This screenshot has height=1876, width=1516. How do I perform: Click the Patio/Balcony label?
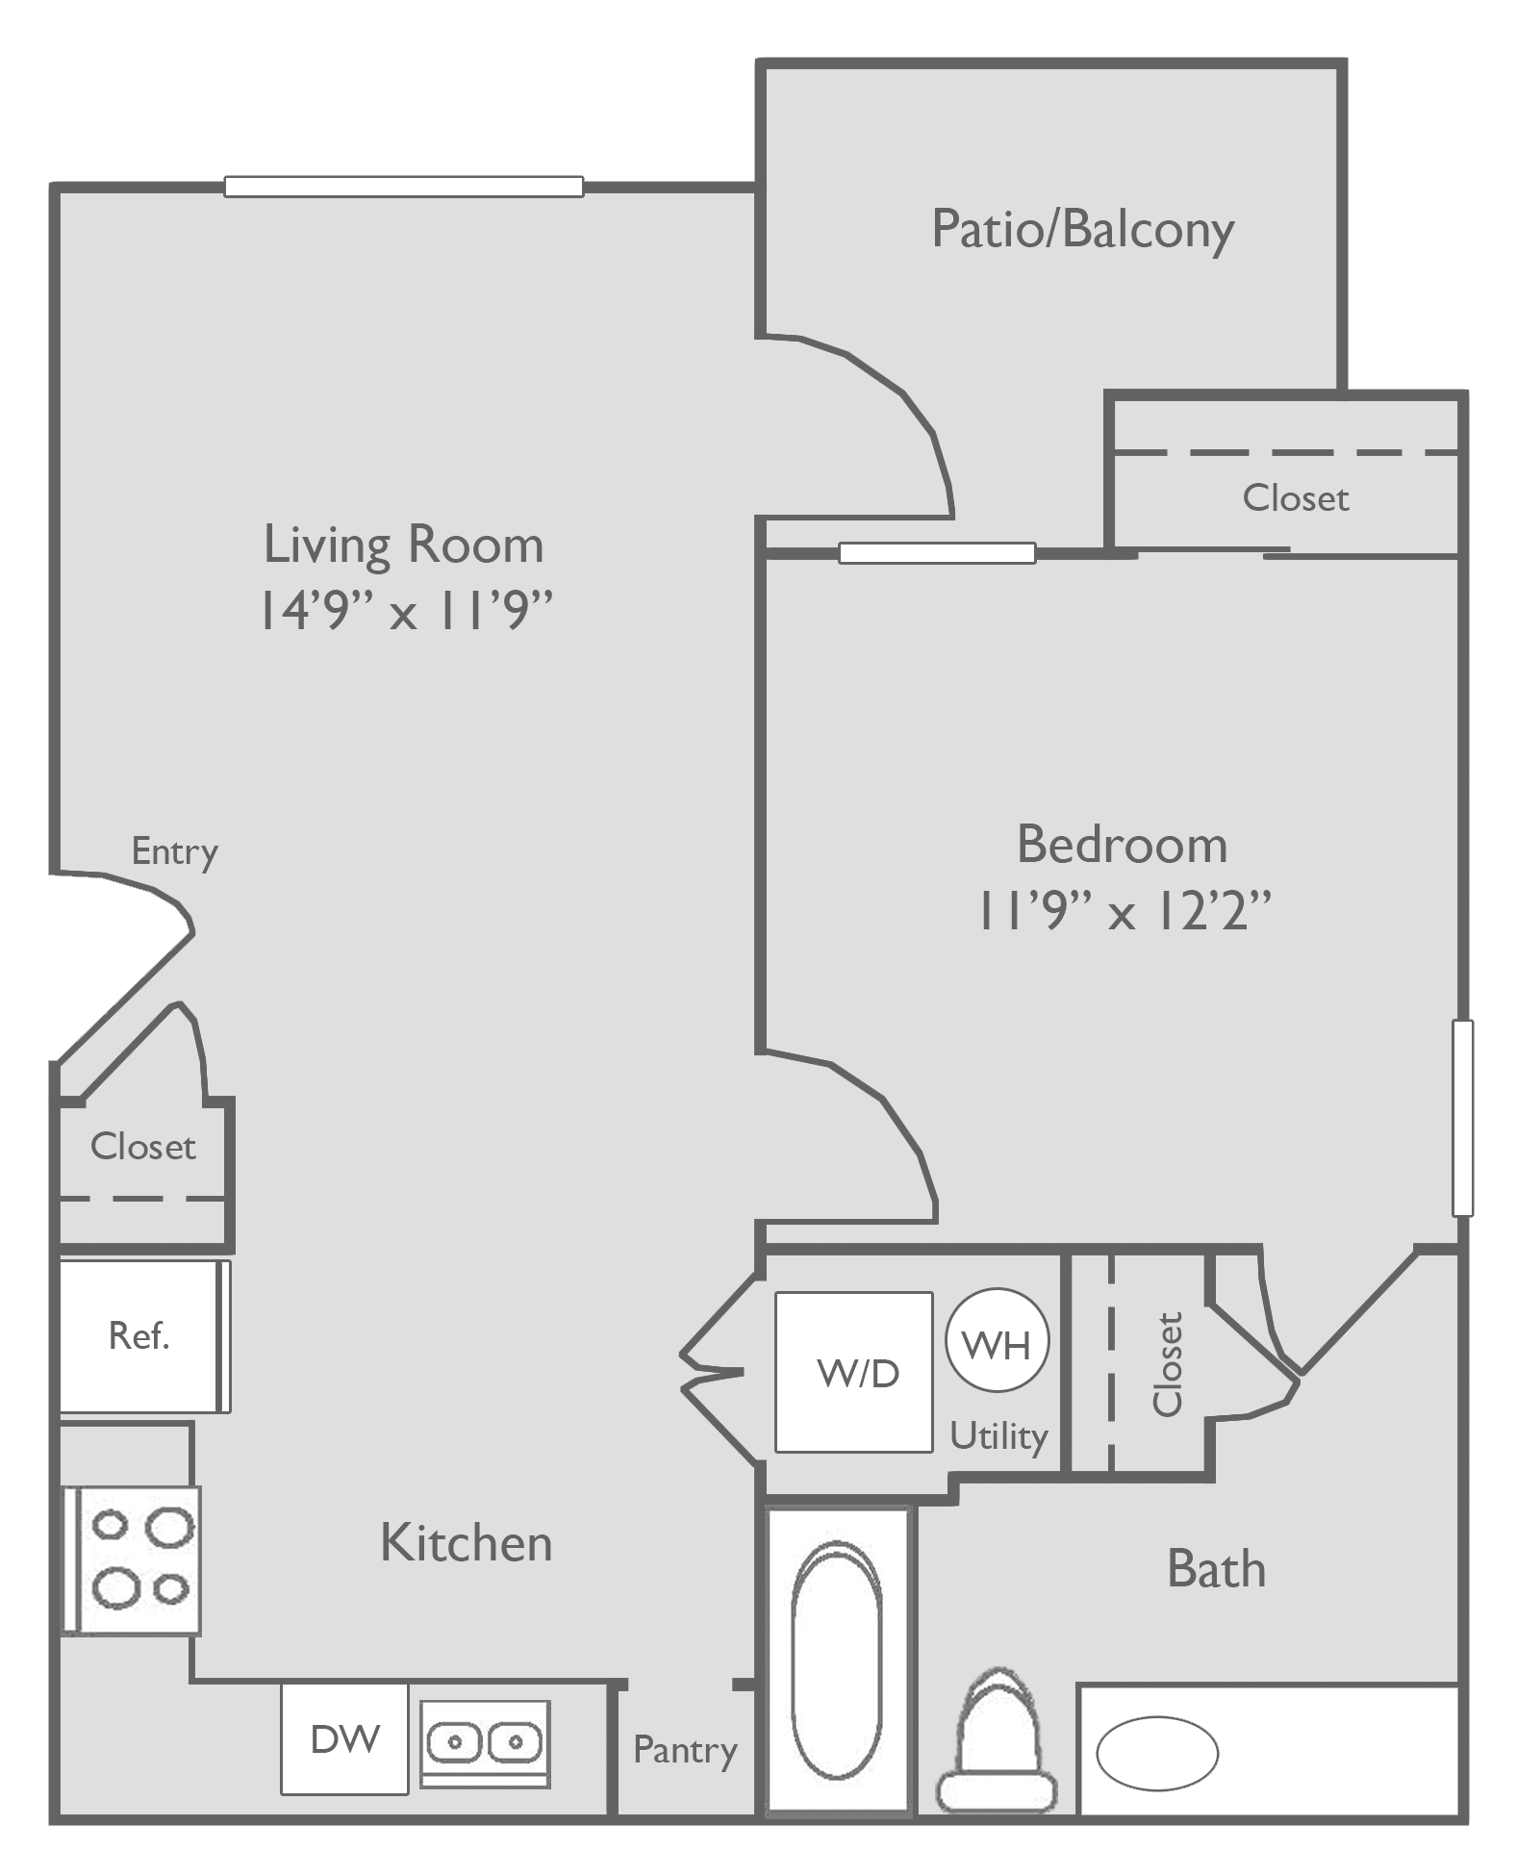point(1082,231)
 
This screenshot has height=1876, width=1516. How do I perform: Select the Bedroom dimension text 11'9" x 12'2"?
point(1122,910)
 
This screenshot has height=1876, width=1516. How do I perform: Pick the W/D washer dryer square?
point(854,1372)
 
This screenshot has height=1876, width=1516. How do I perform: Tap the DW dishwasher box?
point(344,1738)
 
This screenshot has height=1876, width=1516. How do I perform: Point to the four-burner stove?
point(133,1559)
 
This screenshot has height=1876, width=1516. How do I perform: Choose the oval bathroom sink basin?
point(1157,1753)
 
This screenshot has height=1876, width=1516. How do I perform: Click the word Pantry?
point(685,1749)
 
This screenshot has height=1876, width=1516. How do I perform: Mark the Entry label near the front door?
point(174,851)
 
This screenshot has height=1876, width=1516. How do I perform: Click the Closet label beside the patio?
point(1295,498)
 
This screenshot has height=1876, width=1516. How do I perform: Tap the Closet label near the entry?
point(142,1147)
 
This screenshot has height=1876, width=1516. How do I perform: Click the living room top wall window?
point(404,187)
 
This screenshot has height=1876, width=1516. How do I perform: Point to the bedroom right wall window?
point(1462,1118)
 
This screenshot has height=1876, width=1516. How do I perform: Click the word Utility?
point(998,1436)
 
